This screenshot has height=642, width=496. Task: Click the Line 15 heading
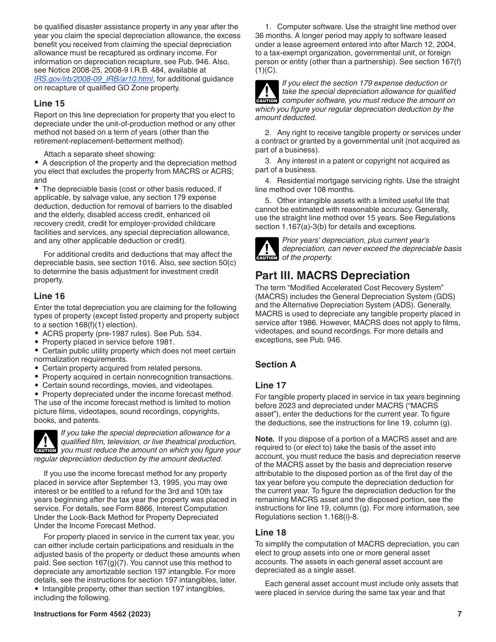(x=50, y=103)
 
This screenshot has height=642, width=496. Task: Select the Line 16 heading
(x=50, y=296)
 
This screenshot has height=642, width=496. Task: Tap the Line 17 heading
(x=270, y=385)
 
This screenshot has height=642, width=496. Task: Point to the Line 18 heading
(x=270, y=532)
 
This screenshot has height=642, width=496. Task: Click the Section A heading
(x=276, y=364)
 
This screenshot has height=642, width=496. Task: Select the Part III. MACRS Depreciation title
(x=333, y=276)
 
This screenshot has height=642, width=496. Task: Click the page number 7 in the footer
(x=459, y=614)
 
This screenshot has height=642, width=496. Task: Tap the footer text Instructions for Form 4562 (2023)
(x=92, y=614)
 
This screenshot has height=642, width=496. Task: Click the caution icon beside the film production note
(x=45, y=442)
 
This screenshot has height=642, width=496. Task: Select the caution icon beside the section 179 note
(x=267, y=92)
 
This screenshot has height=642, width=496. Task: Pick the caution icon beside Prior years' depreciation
(x=267, y=249)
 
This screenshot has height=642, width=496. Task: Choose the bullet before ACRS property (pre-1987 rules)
(x=37, y=334)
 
